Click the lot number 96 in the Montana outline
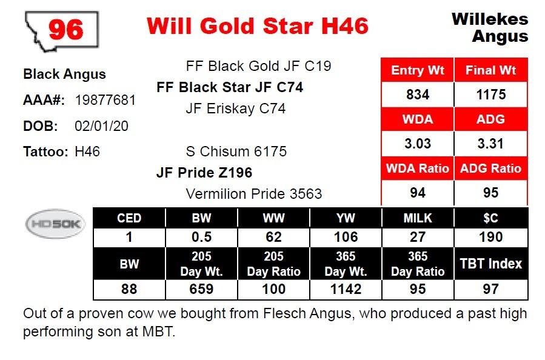tap(65, 30)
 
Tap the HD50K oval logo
tap(55, 224)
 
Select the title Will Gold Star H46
tap(258, 26)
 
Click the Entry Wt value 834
tap(418, 95)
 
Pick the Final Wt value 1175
tap(491, 95)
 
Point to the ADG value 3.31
tap(490, 144)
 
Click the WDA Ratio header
tap(418, 168)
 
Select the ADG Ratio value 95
tap(491, 193)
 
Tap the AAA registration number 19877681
tap(105, 101)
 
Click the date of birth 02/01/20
tap(101, 126)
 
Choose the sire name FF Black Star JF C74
tap(230, 87)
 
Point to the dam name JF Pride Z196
tap(204, 173)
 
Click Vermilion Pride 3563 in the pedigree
tap(254, 194)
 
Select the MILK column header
tap(418, 218)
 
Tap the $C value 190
tap(491, 237)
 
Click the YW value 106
tap(346, 237)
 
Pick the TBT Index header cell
tap(491, 264)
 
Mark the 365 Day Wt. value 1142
tap(346, 289)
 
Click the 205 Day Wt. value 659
tap(202, 289)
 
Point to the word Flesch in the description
tap(284, 313)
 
